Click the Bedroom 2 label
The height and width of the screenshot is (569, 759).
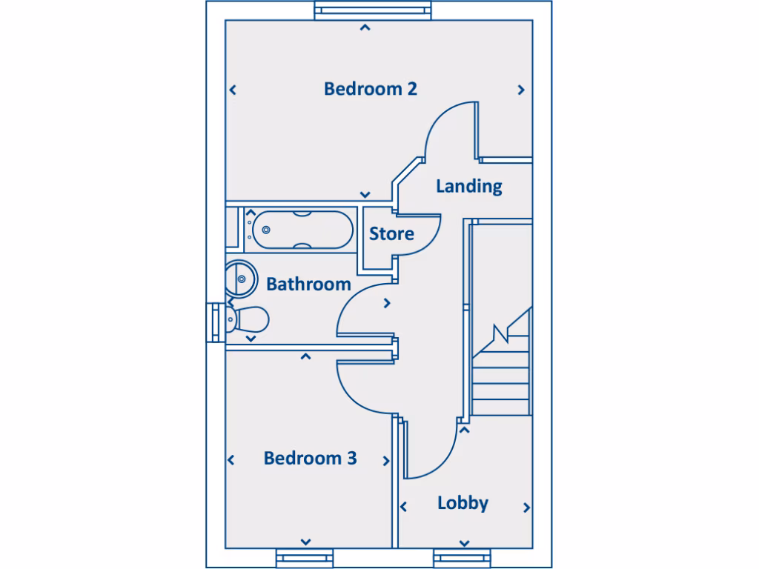tap(371, 89)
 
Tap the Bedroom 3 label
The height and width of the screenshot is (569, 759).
tap(310, 459)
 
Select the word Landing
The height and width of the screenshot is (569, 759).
tap(468, 186)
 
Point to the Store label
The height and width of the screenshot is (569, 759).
tap(391, 234)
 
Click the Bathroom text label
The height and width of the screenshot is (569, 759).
tap(308, 284)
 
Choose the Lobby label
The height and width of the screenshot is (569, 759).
tap(463, 503)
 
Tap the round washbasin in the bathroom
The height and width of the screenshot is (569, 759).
tap(240, 278)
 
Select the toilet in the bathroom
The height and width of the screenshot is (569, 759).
tap(248, 320)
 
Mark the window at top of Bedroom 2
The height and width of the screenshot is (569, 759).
tap(372, 10)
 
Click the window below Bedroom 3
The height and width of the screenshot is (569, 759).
tap(305, 557)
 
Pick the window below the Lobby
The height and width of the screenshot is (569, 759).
tap(463, 557)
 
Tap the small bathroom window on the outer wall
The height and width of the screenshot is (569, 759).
tap(216, 321)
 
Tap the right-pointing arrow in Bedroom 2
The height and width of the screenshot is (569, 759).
tap(521, 90)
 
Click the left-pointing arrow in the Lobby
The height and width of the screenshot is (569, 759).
tap(404, 508)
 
